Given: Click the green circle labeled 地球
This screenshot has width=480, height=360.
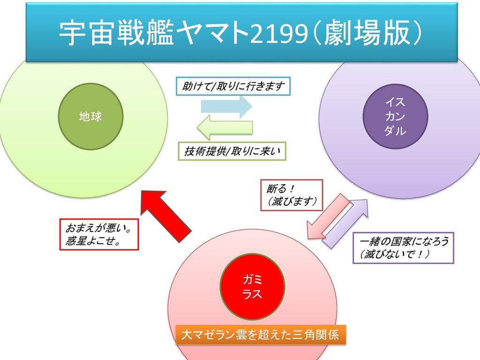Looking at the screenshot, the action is point(90,117).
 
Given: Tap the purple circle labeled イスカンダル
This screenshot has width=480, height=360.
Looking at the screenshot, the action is point(395,116).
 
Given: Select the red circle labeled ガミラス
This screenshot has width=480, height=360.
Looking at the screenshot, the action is point(252,287).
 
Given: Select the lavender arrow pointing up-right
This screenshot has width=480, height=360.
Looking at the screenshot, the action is point(347,222).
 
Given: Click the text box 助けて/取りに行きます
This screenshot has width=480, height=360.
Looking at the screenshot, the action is point(233,86).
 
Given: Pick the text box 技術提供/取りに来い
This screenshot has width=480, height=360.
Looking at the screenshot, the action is point(232,151).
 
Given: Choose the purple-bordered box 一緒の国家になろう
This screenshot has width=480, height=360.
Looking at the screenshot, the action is point(403,247).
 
